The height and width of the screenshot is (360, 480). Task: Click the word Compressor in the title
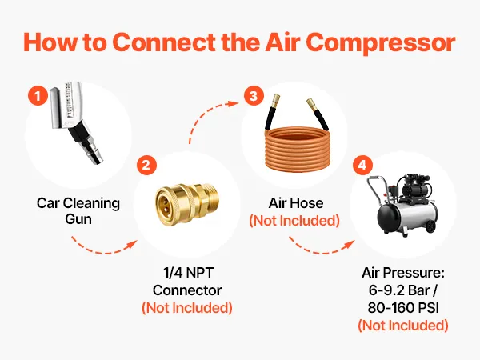[381, 42]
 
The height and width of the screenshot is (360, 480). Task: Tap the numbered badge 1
[38, 96]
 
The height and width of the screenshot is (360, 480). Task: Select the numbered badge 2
[146, 166]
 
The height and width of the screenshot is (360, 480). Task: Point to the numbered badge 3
[254, 96]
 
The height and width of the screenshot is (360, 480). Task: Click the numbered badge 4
[362, 166]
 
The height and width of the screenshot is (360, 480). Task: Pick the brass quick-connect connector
[186, 199]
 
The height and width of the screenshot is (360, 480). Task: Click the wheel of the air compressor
[431, 226]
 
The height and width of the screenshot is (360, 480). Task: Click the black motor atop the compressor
[416, 186]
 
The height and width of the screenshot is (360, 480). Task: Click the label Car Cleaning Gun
[78, 211]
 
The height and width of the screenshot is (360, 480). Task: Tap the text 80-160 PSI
[403, 308]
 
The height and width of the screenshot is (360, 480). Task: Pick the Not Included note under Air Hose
[294, 221]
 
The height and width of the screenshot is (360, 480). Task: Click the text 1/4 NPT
[188, 273]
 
